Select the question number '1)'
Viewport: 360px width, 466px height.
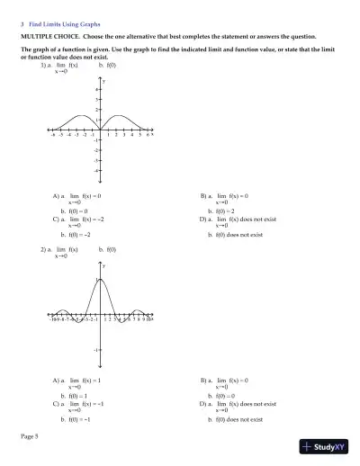click(44, 67)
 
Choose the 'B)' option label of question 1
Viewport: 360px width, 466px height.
click(203, 194)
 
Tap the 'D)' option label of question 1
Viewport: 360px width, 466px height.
click(203, 219)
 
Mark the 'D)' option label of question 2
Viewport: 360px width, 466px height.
click(203, 404)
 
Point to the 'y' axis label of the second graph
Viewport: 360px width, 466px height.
click(103, 266)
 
